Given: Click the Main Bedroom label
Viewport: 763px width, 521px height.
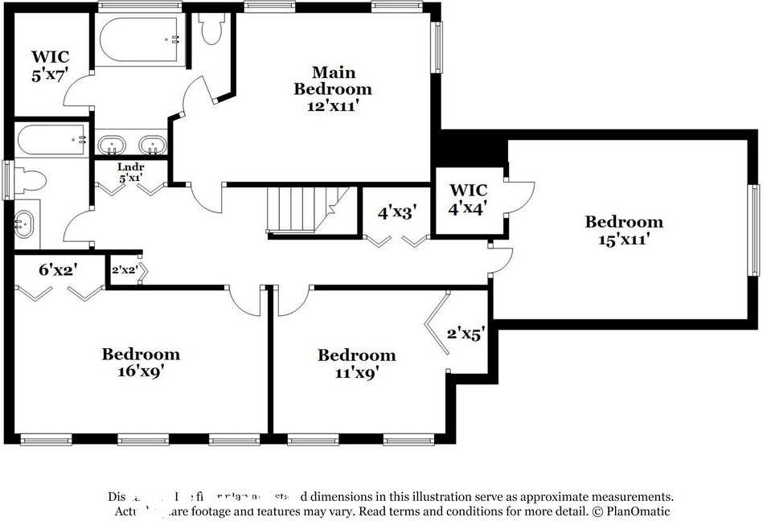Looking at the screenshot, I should coord(332,80).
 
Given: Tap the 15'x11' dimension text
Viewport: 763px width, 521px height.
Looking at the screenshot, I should coord(623,239).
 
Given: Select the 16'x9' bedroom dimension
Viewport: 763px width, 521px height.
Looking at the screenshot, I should coord(141,371).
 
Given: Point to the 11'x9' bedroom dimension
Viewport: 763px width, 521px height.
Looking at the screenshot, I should coord(356,372).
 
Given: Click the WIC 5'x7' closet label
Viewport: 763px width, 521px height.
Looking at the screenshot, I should coord(50,65).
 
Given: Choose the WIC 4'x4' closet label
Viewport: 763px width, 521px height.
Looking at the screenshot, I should coord(468,198).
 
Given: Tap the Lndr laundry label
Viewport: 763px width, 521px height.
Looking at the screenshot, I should coord(130,172).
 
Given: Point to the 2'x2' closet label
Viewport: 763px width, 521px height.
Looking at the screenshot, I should coord(125,270).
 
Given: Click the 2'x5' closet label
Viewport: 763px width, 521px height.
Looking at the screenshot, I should coord(464,334).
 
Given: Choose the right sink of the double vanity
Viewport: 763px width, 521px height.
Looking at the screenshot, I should coord(151,146).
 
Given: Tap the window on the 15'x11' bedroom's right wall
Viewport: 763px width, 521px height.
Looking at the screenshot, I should coord(755,230).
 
